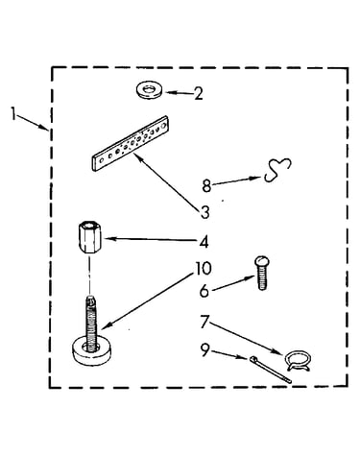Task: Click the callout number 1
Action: (13, 114)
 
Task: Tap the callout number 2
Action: (199, 94)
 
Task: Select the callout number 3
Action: (204, 212)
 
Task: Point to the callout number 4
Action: (204, 242)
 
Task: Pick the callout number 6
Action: (204, 291)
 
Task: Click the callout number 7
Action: (204, 322)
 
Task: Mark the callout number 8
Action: (206, 186)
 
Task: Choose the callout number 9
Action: (204, 349)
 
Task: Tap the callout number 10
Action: (204, 269)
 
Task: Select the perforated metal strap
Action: (132, 143)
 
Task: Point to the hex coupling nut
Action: (89, 237)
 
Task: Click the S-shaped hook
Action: (277, 169)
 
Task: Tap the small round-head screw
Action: (262, 273)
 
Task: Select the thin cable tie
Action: (270, 370)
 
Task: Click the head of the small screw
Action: (262, 262)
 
